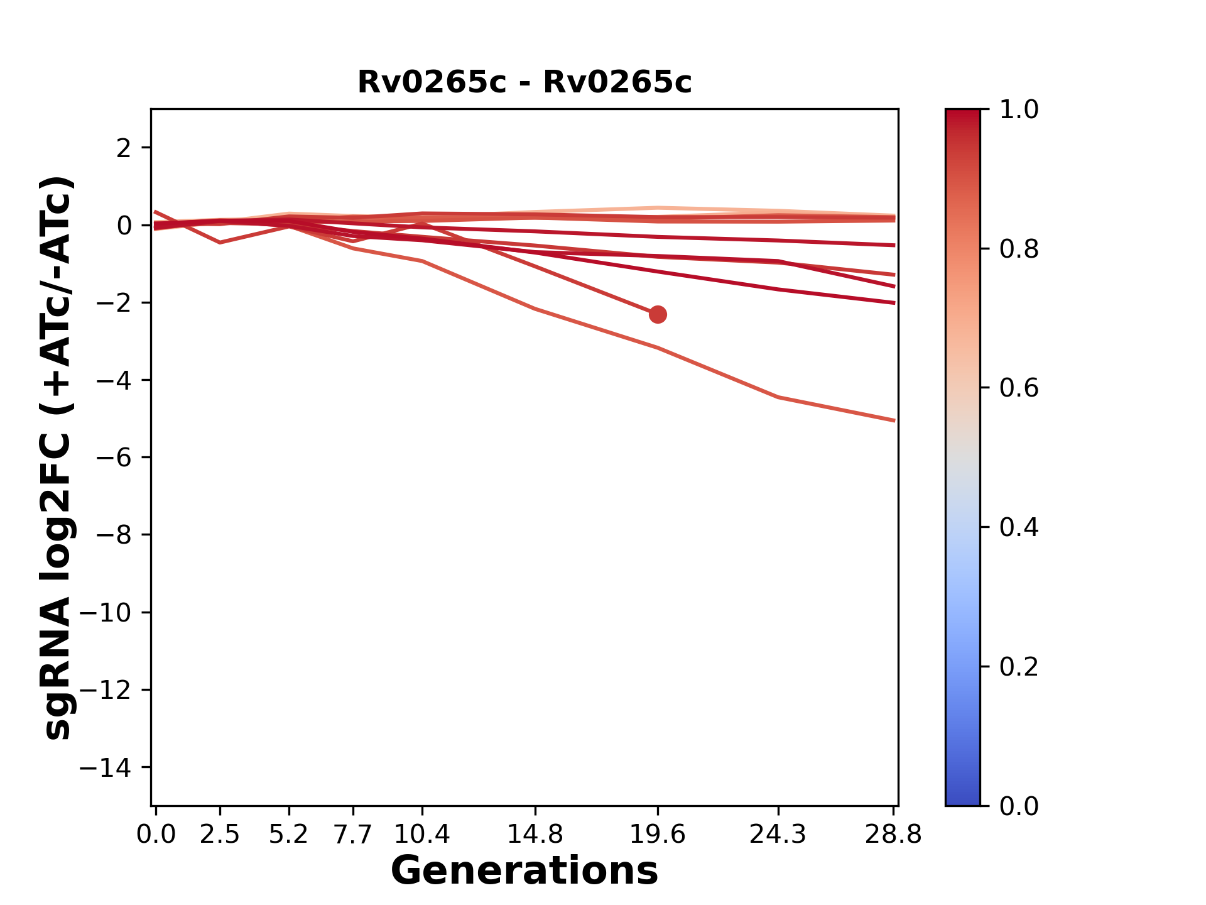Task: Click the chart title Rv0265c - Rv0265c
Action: (x=524, y=82)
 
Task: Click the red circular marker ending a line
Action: (x=658, y=314)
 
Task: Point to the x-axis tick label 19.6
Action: (x=658, y=835)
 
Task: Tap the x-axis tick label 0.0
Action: (x=156, y=835)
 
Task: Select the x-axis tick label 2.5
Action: (x=220, y=835)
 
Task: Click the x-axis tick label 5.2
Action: (x=288, y=835)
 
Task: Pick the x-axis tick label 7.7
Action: (x=353, y=835)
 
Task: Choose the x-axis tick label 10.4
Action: (x=422, y=835)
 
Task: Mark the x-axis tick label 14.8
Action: (x=535, y=835)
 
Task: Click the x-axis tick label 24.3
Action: (x=778, y=835)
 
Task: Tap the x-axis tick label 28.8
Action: (x=893, y=835)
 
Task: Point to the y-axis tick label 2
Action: (x=124, y=148)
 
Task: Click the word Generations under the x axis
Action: (x=524, y=871)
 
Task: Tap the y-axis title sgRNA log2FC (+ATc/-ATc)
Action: (x=58, y=458)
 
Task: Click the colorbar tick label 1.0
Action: (x=1019, y=110)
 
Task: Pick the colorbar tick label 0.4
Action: (x=1019, y=527)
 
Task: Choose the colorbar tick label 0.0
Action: (x=1019, y=806)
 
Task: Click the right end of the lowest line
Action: (x=894, y=420)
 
